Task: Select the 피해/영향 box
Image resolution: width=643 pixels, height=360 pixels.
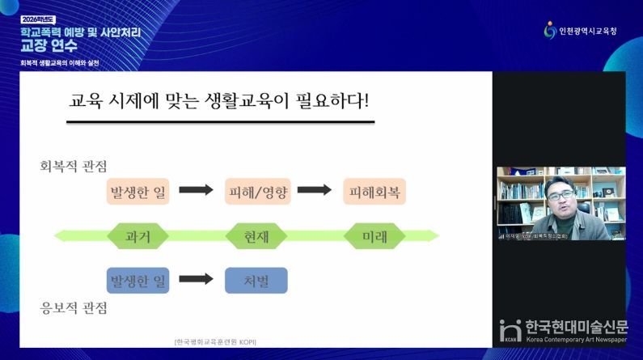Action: pyautogui.click(x=256, y=192)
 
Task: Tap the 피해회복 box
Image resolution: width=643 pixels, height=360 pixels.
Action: pyautogui.click(x=374, y=192)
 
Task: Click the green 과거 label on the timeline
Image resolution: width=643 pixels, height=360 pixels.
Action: pyautogui.click(x=137, y=236)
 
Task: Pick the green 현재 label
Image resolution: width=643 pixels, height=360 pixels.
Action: pyautogui.click(x=256, y=236)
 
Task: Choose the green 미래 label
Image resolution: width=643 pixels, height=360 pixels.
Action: pyautogui.click(x=374, y=236)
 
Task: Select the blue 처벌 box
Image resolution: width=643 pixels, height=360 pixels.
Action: pyautogui.click(x=256, y=280)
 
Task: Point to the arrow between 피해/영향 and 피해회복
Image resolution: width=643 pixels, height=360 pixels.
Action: pyautogui.click(x=315, y=191)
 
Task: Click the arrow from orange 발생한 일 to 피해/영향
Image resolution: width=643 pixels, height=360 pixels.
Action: pyautogui.click(x=196, y=191)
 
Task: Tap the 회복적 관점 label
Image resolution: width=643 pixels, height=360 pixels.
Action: pyautogui.click(x=74, y=166)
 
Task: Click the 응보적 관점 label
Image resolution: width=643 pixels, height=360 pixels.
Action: pyautogui.click(x=74, y=308)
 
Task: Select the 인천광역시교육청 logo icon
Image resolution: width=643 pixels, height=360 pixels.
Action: pyautogui.click(x=550, y=30)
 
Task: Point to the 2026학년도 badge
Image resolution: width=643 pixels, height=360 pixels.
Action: pyautogui.click(x=39, y=18)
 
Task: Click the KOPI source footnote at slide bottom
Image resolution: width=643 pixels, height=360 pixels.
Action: pyautogui.click(x=215, y=341)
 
